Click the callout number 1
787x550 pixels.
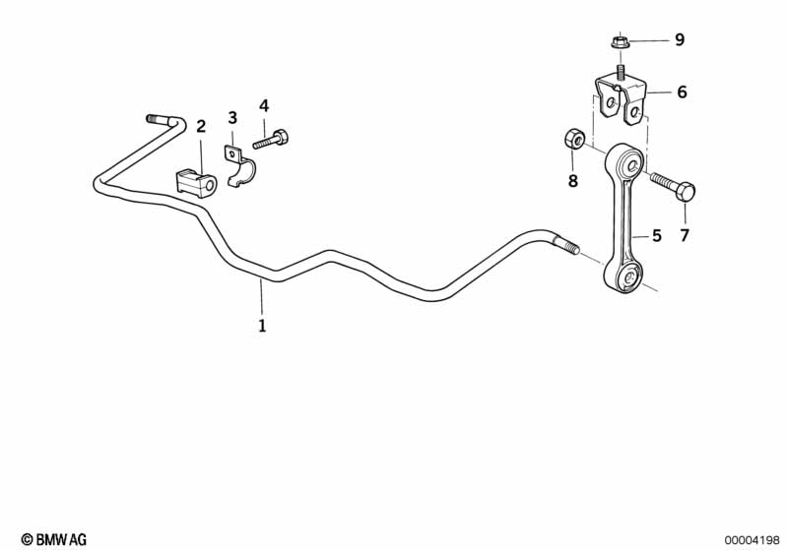(x=262, y=326)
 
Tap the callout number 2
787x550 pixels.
(x=201, y=126)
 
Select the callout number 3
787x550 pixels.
(x=232, y=118)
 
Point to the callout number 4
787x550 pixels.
(x=264, y=106)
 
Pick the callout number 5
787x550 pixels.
(x=657, y=235)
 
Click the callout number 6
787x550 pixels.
(x=682, y=92)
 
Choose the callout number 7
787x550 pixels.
(x=685, y=235)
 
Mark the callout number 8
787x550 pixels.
(x=572, y=180)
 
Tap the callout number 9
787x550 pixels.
(x=680, y=39)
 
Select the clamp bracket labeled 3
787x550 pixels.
(x=238, y=166)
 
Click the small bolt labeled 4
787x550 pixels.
(x=271, y=139)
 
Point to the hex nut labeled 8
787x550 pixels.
(x=573, y=139)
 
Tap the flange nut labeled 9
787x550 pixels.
(x=621, y=42)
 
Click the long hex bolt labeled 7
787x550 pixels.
(x=673, y=185)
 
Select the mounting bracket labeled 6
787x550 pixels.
(x=621, y=99)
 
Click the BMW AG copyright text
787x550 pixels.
(x=54, y=539)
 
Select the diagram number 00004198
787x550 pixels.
(x=752, y=540)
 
